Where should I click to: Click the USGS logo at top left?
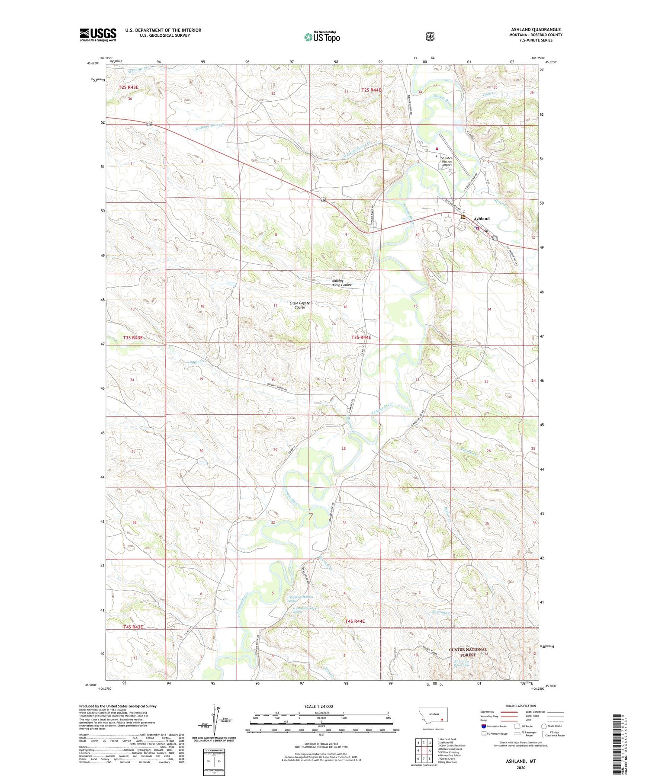(x=98, y=35)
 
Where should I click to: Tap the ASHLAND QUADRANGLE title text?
(x=536, y=29)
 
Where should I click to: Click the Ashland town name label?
(x=482, y=219)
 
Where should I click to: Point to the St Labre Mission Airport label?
(x=447, y=161)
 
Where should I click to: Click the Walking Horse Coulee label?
(x=341, y=283)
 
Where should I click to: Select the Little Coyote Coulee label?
(x=300, y=305)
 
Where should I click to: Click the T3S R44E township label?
(x=361, y=337)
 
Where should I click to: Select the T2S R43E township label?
(x=129, y=87)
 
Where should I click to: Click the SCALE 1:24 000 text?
(x=318, y=707)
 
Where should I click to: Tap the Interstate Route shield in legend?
(x=484, y=726)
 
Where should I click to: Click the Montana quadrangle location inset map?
(x=433, y=716)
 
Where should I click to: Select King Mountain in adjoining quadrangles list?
(x=447, y=762)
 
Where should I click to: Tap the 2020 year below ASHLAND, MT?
(x=520, y=768)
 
